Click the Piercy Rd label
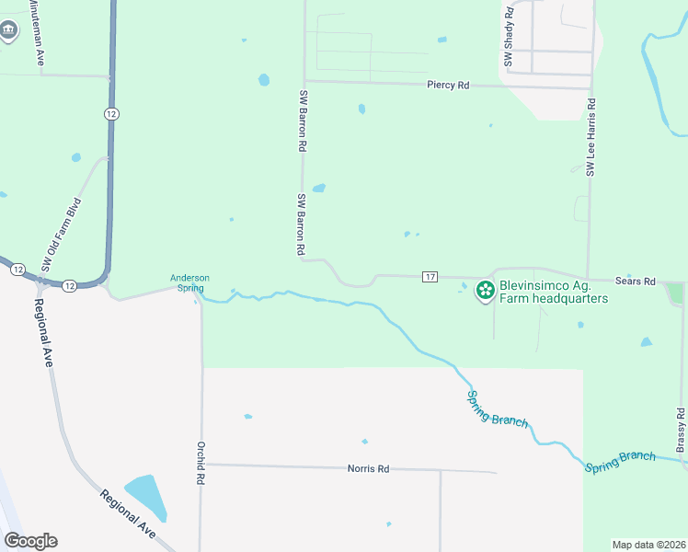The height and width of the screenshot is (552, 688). [448, 85]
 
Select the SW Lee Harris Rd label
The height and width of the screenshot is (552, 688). [591, 134]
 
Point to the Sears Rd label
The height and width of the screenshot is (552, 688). [636, 281]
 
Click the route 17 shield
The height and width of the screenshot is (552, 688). [429, 277]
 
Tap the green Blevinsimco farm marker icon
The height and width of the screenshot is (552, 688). [484, 292]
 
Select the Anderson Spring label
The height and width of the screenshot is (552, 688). [189, 282]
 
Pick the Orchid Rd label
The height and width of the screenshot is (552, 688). [199, 463]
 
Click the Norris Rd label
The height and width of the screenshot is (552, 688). [368, 469]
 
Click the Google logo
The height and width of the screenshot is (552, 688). [30, 541]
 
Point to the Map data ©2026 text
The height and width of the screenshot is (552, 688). [648, 545]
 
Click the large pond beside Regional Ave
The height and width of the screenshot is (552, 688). [147, 498]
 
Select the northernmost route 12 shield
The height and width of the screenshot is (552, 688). [110, 112]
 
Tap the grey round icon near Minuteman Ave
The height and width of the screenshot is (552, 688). [9, 29]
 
